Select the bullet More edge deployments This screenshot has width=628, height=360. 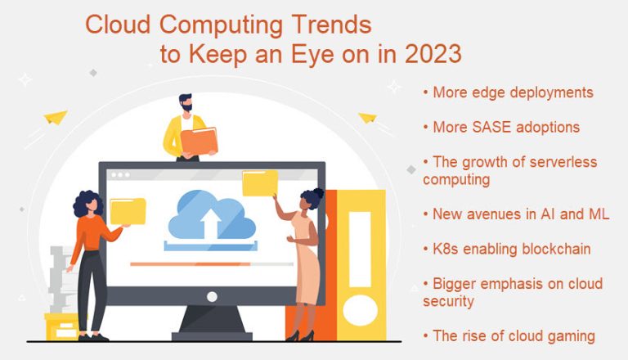click(x=508, y=92)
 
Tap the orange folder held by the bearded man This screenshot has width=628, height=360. click(x=200, y=142)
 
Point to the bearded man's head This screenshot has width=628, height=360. click(x=186, y=104)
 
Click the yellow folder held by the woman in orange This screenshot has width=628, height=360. click(x=128, y=210)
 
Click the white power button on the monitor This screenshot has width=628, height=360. click(x=212, y=295)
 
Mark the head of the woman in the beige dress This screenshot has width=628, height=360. click(x=311, y=197)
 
